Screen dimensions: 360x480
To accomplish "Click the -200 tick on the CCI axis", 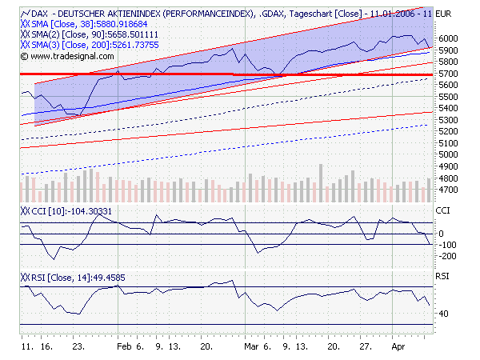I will (447, 256).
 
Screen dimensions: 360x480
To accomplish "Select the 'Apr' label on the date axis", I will (398, 348).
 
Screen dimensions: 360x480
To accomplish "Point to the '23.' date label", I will (78, 348).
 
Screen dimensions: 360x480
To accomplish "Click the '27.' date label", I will (365, 348).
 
